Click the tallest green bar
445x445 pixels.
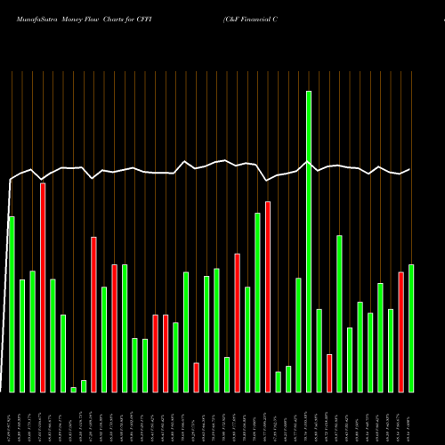(309, 240)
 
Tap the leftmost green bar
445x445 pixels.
(12, 303)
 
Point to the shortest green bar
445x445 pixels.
(73, 389)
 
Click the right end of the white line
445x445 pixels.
(410, 169)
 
